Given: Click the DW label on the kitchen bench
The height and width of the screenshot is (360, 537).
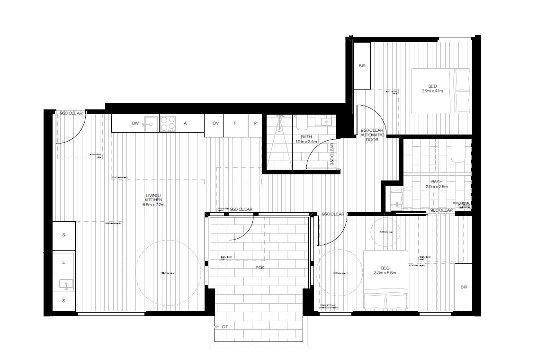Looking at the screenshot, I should pyautogui.click(x=135, y=123).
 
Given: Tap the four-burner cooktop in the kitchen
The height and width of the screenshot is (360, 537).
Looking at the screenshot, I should pyautogui.click(x=168, y=124).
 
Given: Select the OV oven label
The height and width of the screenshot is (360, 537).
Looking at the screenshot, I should pyautogui.click(x=215, y=123).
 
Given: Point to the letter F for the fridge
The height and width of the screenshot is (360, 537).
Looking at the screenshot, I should pyautogui.click(x=235, y=123).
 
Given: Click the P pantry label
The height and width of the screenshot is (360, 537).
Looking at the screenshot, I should pyautogui.click(x=255, y=123).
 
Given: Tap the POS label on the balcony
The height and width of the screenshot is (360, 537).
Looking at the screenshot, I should pyautogui.click(x=259, y=268).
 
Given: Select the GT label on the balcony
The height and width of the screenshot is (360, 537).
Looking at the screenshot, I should pyautogui.click(x=225, y=327).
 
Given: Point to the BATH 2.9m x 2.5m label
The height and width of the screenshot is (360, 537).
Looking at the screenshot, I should pyautogui.click(x=437, y=184).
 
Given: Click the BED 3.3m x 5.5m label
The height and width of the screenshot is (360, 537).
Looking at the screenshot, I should pyautogui.click(x=385, y=270).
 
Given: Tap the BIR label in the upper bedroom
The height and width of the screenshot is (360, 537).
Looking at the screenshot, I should pyautogui.click(x=362, y=66).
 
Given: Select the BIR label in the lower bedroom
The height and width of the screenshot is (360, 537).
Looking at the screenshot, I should pyautogui.click(x=463, y=287).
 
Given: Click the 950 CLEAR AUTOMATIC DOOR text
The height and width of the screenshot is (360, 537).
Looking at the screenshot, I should pyautogui.click(x=373, y=135).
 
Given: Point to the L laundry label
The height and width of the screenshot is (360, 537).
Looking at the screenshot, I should pyautogui.click(x=63, y=261).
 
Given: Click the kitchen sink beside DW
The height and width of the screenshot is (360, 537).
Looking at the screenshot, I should pyautogui.click(x=150, y=124).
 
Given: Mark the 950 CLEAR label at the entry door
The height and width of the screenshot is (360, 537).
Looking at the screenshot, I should pyautogui.click(x=71, y=113).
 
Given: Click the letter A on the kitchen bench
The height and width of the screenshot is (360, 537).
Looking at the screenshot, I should pyautogui.click(x=185, y=123).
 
